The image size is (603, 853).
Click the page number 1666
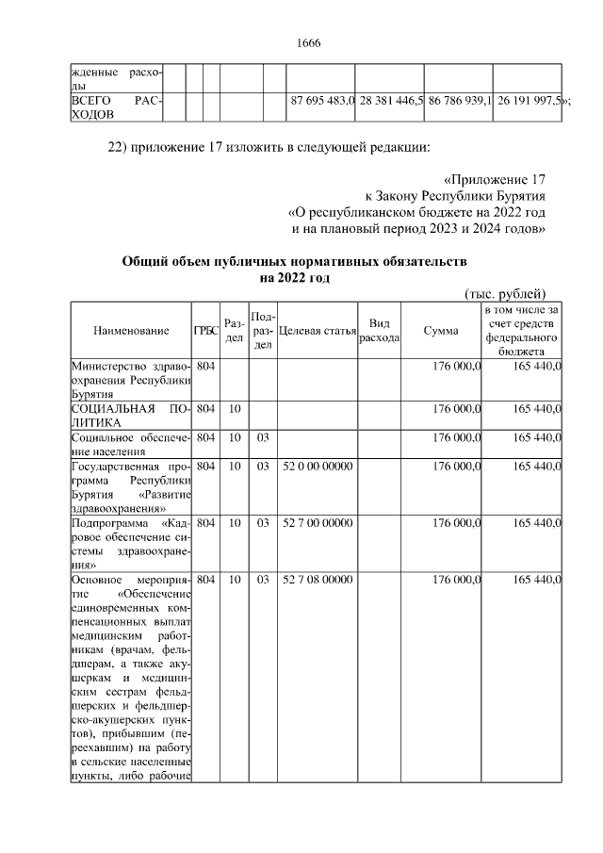(x=309, y=43)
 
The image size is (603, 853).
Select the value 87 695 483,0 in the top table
(x=321, y=100)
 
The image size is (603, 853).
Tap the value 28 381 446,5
(x=389, y=100)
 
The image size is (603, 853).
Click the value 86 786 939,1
(x=458, y=100)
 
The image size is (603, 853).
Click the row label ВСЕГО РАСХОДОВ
(x=116, y=107)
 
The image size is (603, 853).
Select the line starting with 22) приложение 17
(x=269, y=147)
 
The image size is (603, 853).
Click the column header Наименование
(x=131, y=330)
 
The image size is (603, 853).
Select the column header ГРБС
(x=205, y=330)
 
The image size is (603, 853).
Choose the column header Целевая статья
(x=318, y=330)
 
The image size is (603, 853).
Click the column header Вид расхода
(x=380, y=330)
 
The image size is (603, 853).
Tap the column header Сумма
(x=441, y=330)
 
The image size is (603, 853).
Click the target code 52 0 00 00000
(x=318, y=467)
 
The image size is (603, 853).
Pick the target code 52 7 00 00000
(x=318, y=522)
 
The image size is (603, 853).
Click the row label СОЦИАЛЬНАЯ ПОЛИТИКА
(x=131, y=416)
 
